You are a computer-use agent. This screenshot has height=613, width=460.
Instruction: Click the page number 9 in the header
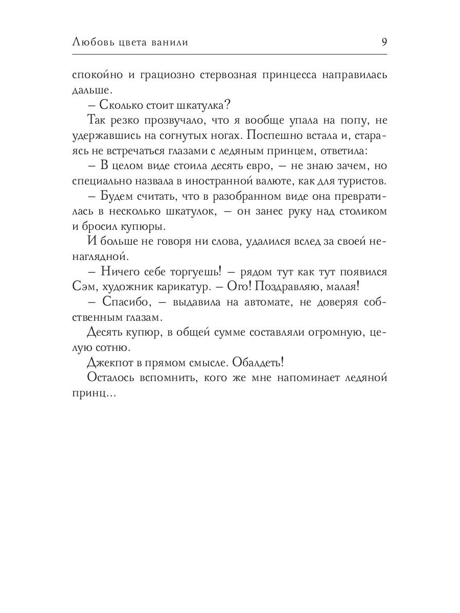click(x=384, y=42)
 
